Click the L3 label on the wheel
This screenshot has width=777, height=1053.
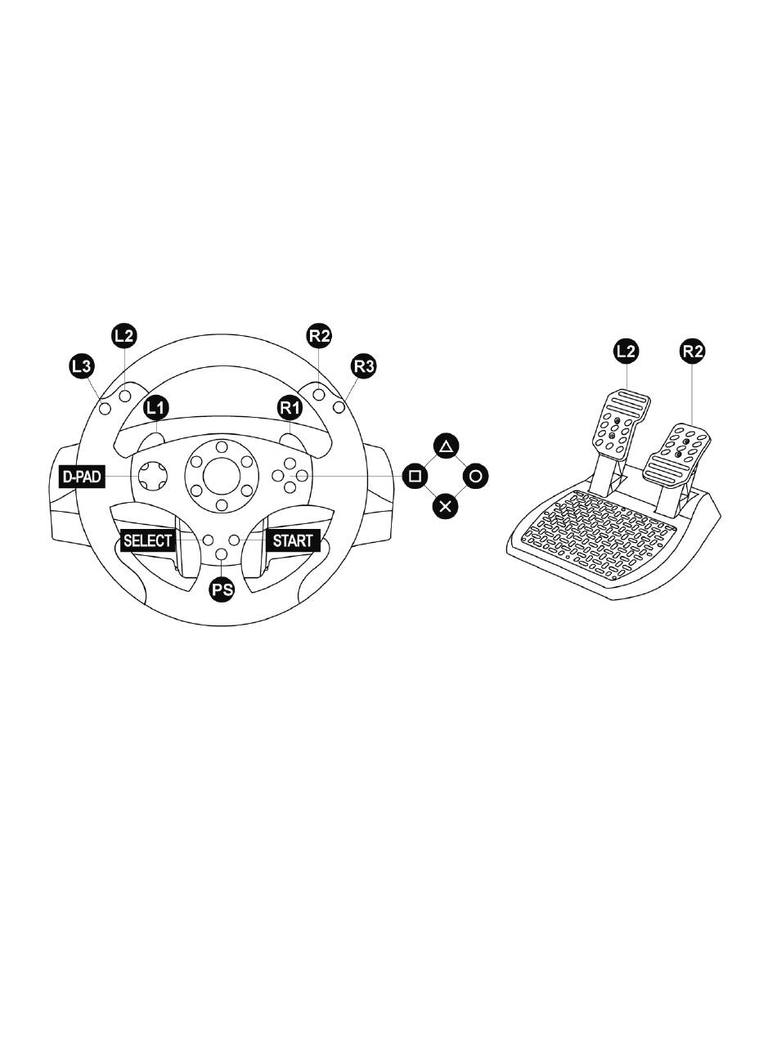[x=83, y=366]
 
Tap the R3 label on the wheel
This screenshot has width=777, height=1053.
[x=364, y=366]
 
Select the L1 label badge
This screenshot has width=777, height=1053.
[x=155, y=408]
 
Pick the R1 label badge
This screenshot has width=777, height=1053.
[x=290, y=408]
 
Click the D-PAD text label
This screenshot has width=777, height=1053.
[x=82, y=477]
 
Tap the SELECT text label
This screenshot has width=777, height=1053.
[x=148, y=540]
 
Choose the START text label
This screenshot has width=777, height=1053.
[x=293, y=540]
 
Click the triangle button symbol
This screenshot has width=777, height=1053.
[x=446, y=446]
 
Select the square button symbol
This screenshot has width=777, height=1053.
[x=415, y=477]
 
